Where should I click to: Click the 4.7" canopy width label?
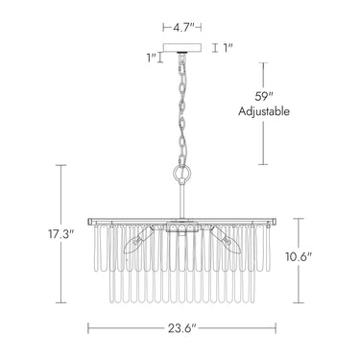(x=182, y=28)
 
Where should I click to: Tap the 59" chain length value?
(x=263, y=96)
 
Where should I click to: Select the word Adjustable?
(x=264, y=111)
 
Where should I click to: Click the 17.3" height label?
(x=61, y=234)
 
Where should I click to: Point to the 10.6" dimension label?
(x=299, y=256)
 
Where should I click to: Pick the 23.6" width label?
(x=181, y=328)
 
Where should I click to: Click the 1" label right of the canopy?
(x=228, y=48)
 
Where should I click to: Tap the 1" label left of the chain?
(x=151, y=58)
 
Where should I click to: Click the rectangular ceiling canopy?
(x=182, y=48)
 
